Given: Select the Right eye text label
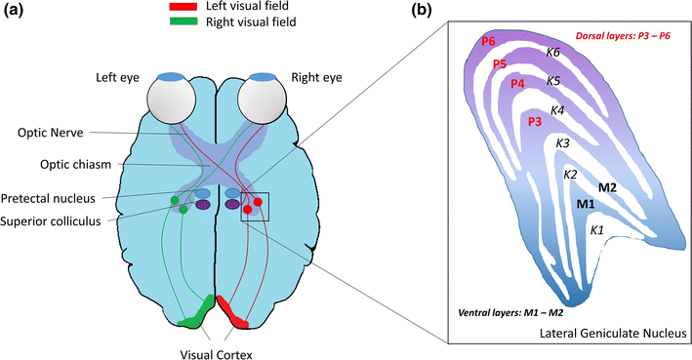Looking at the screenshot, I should coord(305,78).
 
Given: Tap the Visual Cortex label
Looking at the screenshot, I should coord(216,342).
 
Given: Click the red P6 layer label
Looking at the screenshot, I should coord(488,42).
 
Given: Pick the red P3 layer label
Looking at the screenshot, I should coord(534,122).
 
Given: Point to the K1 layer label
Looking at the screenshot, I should coord(597,230).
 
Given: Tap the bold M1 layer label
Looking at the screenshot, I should coord(586,204).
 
